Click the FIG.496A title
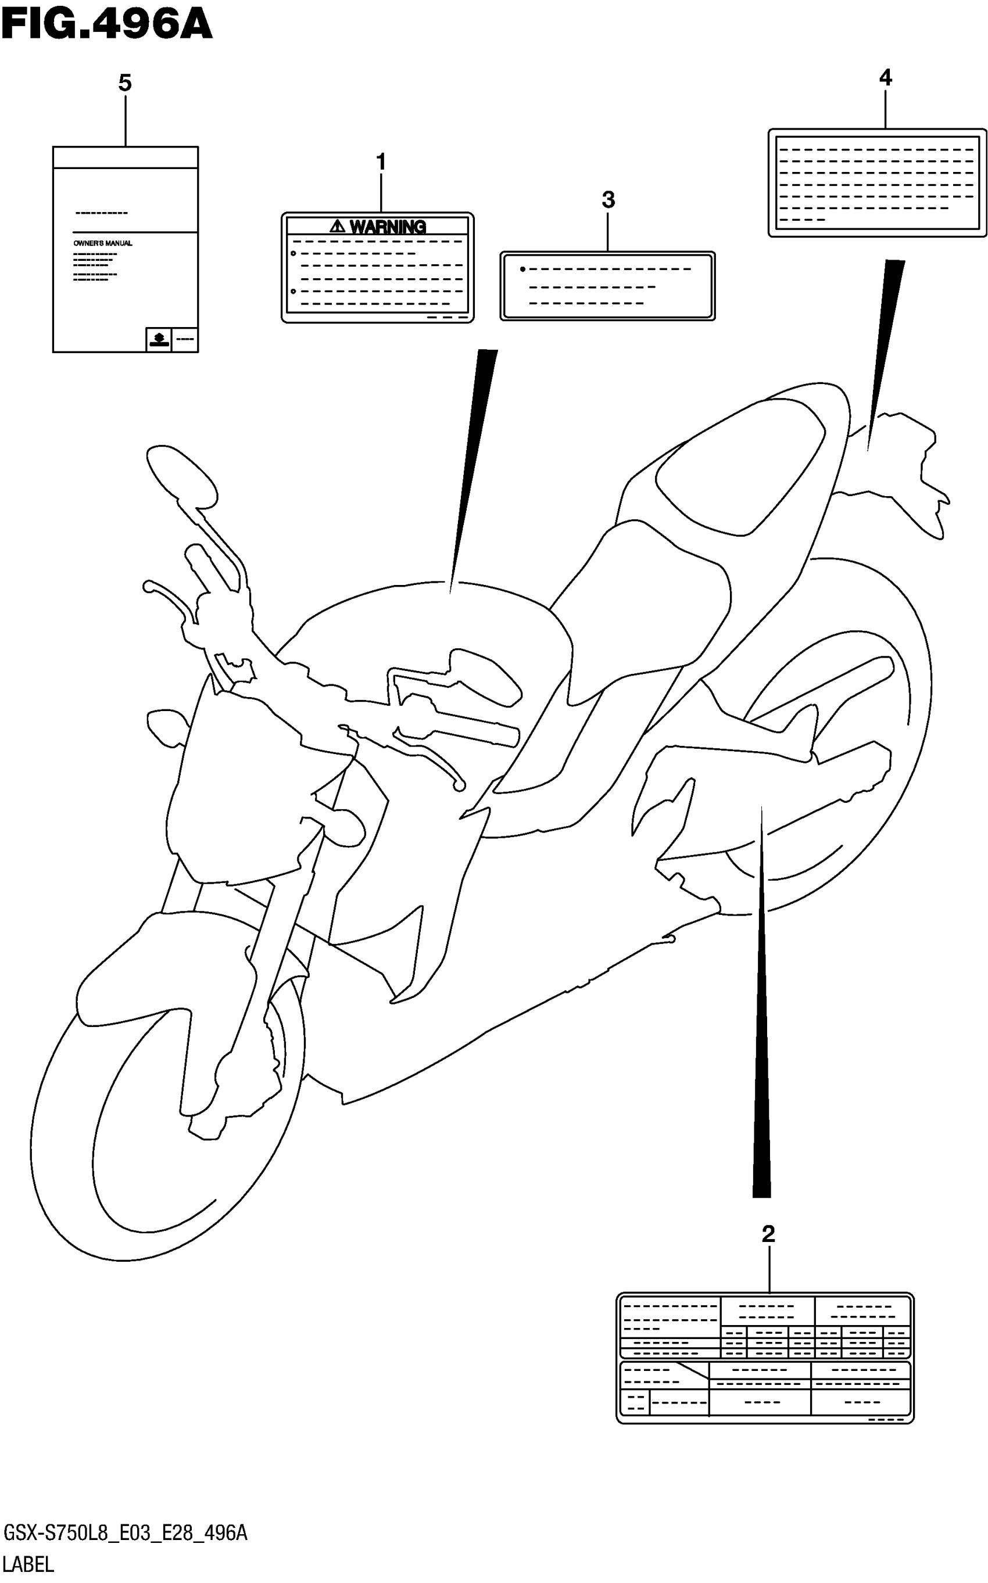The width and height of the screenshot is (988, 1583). (106, 24)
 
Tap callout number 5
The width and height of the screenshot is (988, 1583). (125, 83)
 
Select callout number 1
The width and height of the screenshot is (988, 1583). (381, 161)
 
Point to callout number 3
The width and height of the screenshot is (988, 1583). (608, 199)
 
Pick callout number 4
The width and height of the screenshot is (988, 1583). (885, 78)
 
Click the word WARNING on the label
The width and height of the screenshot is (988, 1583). (388, 227)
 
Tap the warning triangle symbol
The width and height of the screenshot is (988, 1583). (337, 227)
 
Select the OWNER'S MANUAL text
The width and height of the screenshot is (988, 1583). (103, 243)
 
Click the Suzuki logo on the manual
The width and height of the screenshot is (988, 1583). (158, 338)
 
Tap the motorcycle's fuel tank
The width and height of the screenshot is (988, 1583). (425, 627)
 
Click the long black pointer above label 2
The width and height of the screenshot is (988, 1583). (761, 1045)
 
